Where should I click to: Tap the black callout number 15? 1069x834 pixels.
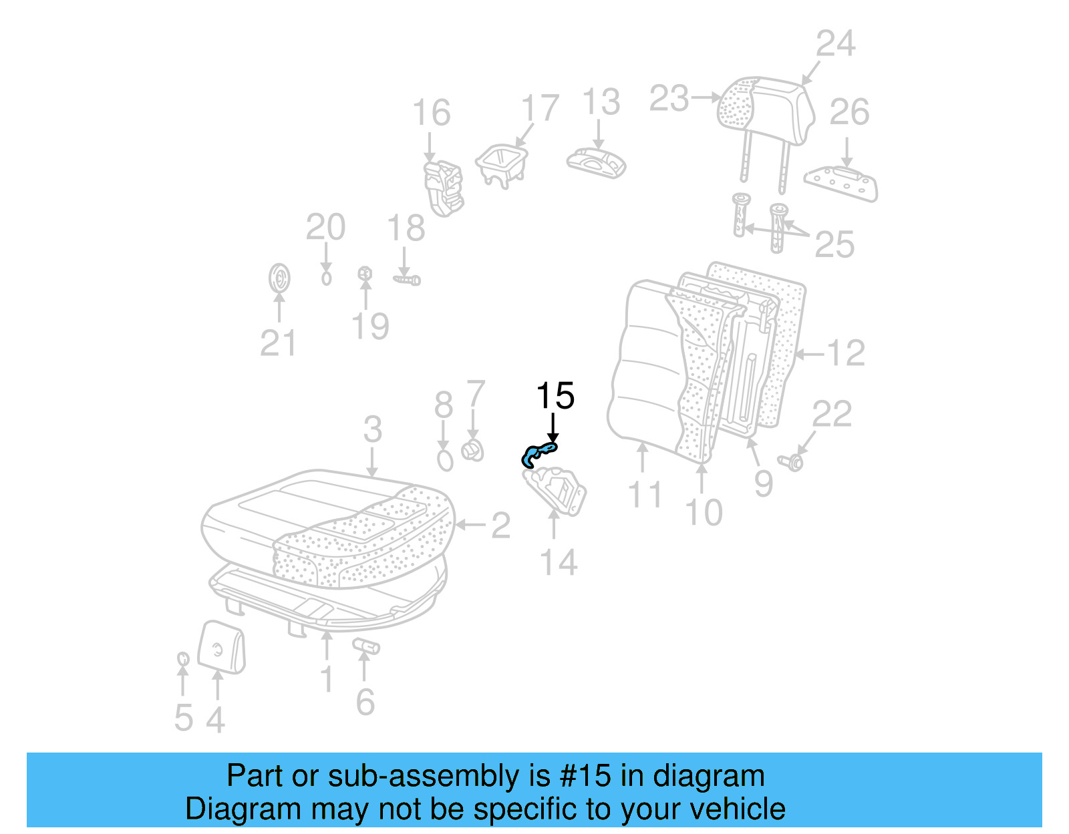(555, 396)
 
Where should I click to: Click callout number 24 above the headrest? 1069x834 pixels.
(835, 44)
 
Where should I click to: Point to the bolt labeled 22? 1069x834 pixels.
(792, 461)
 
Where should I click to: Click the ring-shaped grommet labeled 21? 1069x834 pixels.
(279, 278)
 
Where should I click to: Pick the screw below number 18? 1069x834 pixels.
(407, 280)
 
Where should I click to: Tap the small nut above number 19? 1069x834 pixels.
(365, 273)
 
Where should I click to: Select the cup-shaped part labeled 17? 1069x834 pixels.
(502, 164)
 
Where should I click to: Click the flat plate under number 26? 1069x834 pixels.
(841, 183)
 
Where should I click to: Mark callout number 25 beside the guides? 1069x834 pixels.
(834, 245)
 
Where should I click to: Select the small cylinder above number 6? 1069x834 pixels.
(366, 646)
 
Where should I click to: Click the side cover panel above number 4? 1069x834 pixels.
(222, 646)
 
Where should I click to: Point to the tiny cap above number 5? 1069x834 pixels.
(182, 659)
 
